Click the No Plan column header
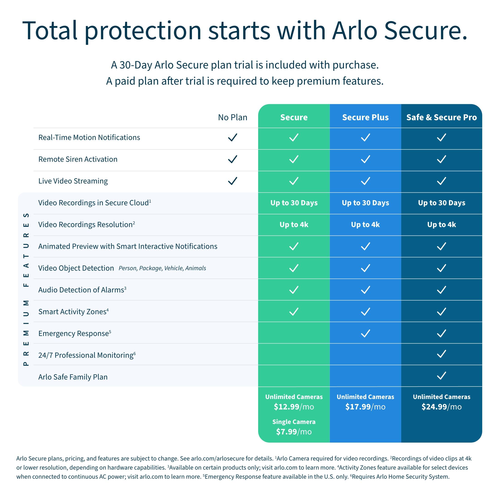click(233, 118)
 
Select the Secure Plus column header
click(365, 118)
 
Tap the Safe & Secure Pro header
click(441, 118)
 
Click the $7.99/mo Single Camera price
click(294, 431)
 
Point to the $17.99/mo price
click(365, 407)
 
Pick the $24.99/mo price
click(441, 407)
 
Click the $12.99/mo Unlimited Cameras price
click(294, 407)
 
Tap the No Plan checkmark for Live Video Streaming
click(232, 181)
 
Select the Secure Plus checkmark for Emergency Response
click(365, 333)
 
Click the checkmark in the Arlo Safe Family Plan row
click(441, 375)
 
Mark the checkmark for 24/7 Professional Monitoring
click(441, 354)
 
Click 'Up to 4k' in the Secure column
click(294, 224)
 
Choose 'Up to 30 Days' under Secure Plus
click(365, 203)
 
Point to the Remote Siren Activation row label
click(78, 159)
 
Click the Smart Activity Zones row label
click(73, 311)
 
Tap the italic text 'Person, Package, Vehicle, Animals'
click(162, 268)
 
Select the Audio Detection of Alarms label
click(81, 290)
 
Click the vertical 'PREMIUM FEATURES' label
click(26, 289)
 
